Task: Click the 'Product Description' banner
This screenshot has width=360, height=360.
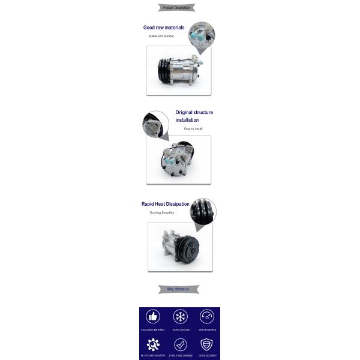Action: [x=176, y=8]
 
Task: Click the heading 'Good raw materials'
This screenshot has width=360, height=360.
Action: [x=164, y=28]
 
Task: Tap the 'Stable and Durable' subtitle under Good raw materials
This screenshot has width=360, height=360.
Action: [x=161, y=37]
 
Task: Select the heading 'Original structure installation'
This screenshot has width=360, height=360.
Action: [x=194, y=116]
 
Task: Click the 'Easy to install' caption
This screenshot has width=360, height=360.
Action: [x=193, y=129]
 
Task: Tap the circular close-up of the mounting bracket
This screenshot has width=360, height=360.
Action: [x=155, y=124]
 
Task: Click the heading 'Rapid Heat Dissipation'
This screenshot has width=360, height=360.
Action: [x=165, y=204]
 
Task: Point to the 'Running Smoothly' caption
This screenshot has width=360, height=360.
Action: [x=162, y=213]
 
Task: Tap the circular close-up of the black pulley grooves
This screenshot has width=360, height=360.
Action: [x=203, y=212]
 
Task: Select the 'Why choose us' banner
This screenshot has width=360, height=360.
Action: [x=178, y=289]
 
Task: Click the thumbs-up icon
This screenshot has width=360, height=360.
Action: [x=153, y=317]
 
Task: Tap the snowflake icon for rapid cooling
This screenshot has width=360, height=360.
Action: [x=180, y=317]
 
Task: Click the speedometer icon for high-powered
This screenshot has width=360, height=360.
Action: [x=207, y=317]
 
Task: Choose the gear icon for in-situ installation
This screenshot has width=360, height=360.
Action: [x=153, y=344]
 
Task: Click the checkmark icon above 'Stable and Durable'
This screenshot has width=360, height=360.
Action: [x=180, y=344]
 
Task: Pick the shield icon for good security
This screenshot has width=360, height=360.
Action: [x=207, y=344]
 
